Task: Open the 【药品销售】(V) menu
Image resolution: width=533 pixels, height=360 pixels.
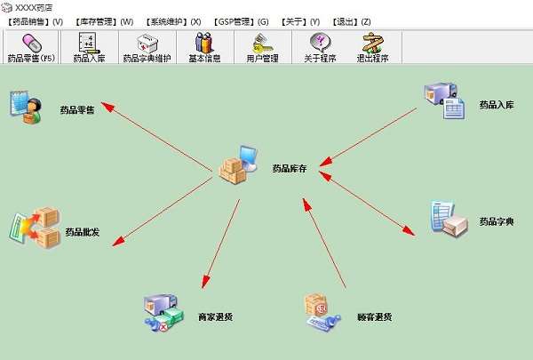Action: (x=35, y=20)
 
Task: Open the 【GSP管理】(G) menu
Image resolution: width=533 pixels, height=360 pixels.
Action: (x=241, y=20)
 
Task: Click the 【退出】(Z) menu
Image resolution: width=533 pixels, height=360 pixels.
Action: (x=351, y=20)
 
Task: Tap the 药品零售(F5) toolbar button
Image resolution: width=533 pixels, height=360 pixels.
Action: (x=30, y=47)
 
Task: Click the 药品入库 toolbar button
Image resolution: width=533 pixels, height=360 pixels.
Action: (x=89, y=47)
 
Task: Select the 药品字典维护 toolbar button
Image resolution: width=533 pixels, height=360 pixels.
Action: (x=147, y=47)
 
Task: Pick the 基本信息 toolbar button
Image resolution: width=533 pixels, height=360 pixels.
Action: (x=204, y=47)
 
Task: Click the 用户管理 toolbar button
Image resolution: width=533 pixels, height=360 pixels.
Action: (x=262, y=47)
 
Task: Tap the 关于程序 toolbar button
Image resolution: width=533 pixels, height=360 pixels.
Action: (x=319, y=47)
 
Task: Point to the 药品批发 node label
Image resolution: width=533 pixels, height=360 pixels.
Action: (x=82, y=232)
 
